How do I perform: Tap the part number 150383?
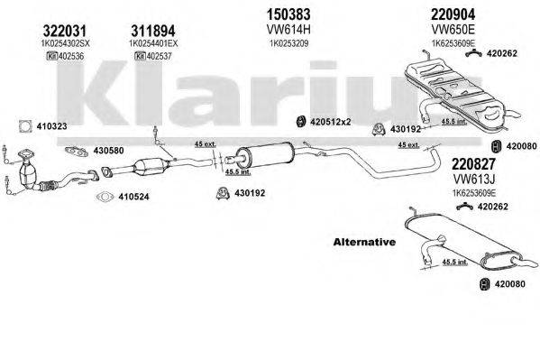(284, 14)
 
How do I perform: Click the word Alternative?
(364, 243)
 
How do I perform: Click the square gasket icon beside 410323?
(24, 126)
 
